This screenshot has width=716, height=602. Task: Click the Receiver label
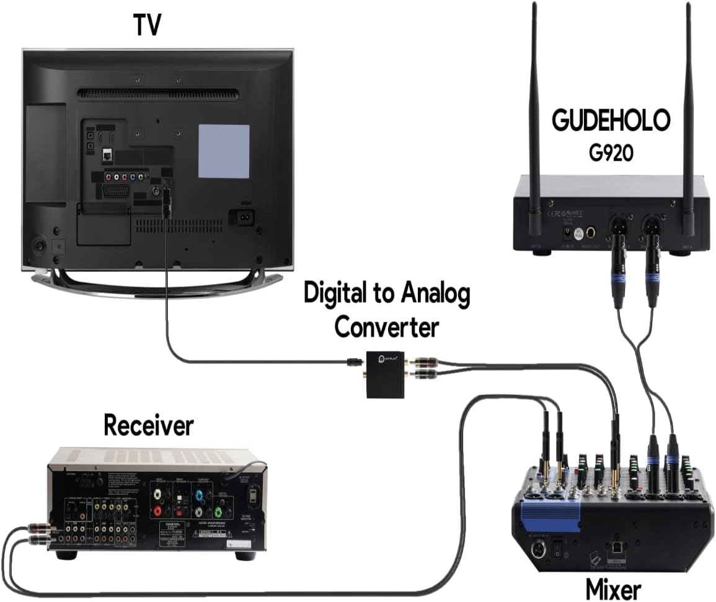click(x=148, y=426)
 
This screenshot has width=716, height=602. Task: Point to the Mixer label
click(x=613, y=586)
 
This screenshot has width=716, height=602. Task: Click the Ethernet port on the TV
click(x=107, y=154)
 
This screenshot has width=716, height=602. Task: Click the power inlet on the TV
click(x=242, y=218)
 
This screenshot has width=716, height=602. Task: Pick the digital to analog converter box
click(x=384, y=374)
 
